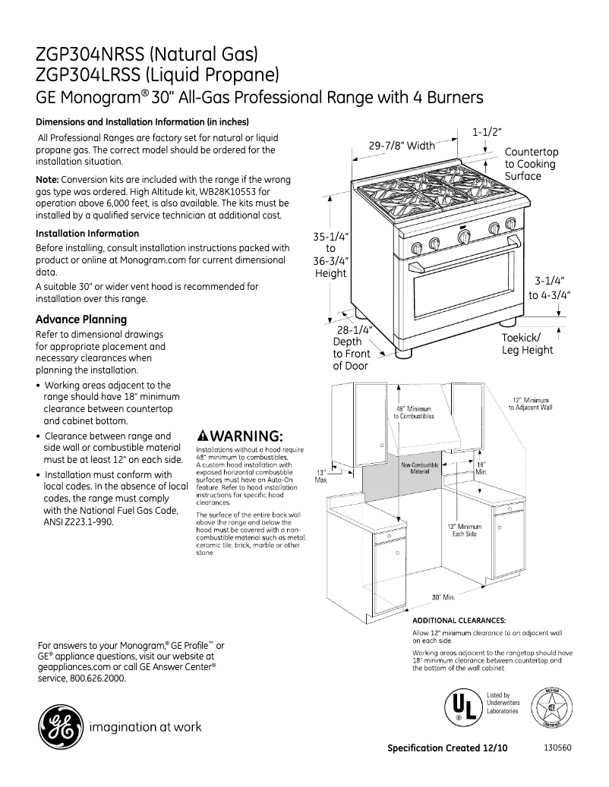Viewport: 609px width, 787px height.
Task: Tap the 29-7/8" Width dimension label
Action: point(402,146)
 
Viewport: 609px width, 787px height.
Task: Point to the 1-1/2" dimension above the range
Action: point(487,132)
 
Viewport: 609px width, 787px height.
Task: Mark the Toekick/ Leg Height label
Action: point(527,344)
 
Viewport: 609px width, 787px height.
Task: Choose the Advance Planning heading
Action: point(81,319)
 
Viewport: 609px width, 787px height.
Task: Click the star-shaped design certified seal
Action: point(552,707)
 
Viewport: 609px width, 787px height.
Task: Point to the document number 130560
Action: point(558,747)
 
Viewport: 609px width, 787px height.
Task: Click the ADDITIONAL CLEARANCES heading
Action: point(459,620)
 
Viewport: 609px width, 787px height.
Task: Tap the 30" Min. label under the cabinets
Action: point(443,597)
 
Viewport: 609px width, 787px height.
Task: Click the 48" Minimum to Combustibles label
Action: point(414,413)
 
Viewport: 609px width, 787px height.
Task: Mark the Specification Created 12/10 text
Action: point(446,748)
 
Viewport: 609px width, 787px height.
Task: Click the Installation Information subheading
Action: point(88,234)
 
